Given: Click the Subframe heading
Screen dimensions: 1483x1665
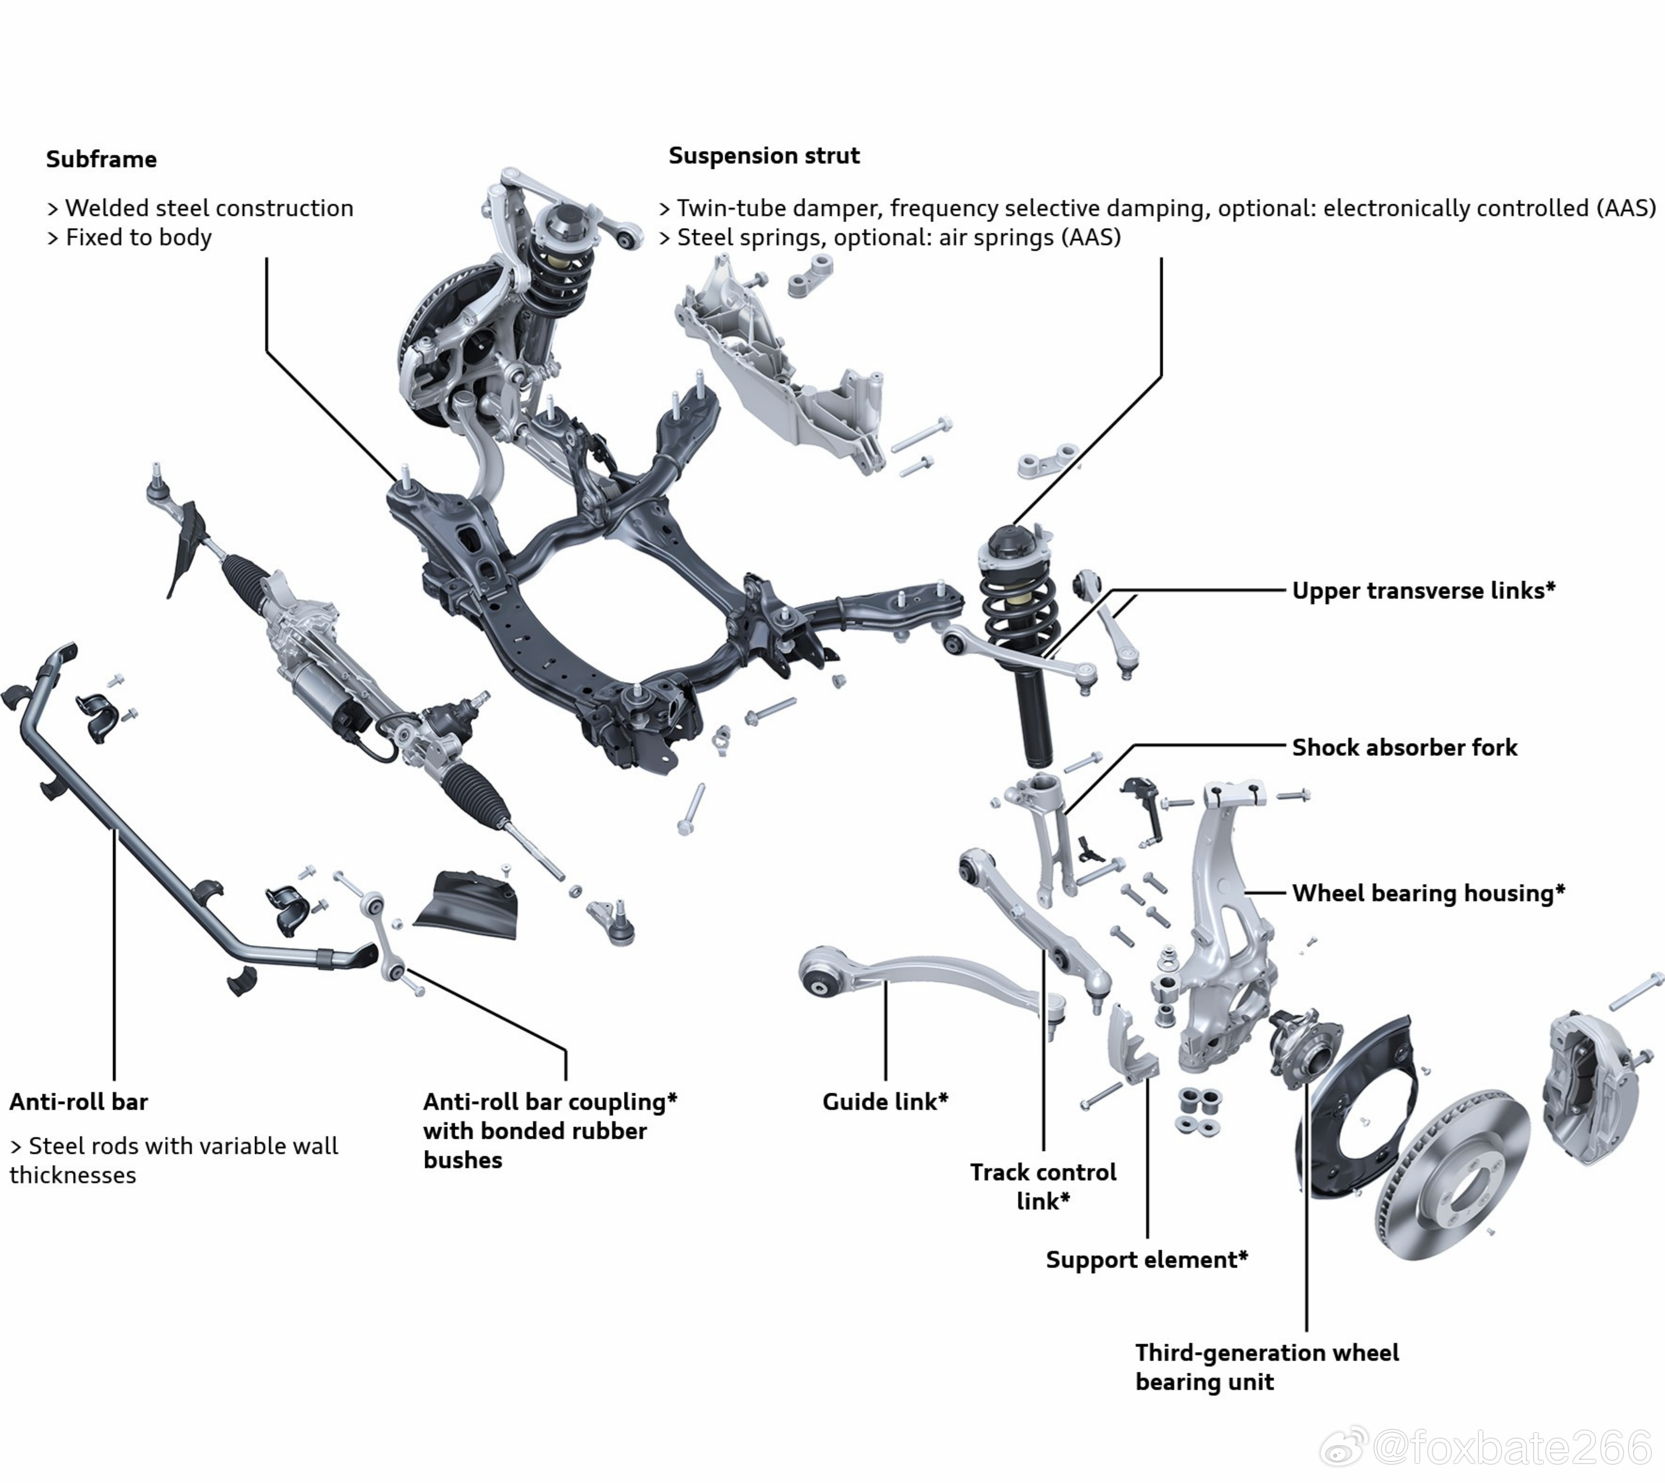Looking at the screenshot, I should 101,159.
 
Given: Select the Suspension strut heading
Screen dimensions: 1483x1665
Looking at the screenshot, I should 764,156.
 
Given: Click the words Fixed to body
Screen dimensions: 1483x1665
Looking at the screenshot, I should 139,238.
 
